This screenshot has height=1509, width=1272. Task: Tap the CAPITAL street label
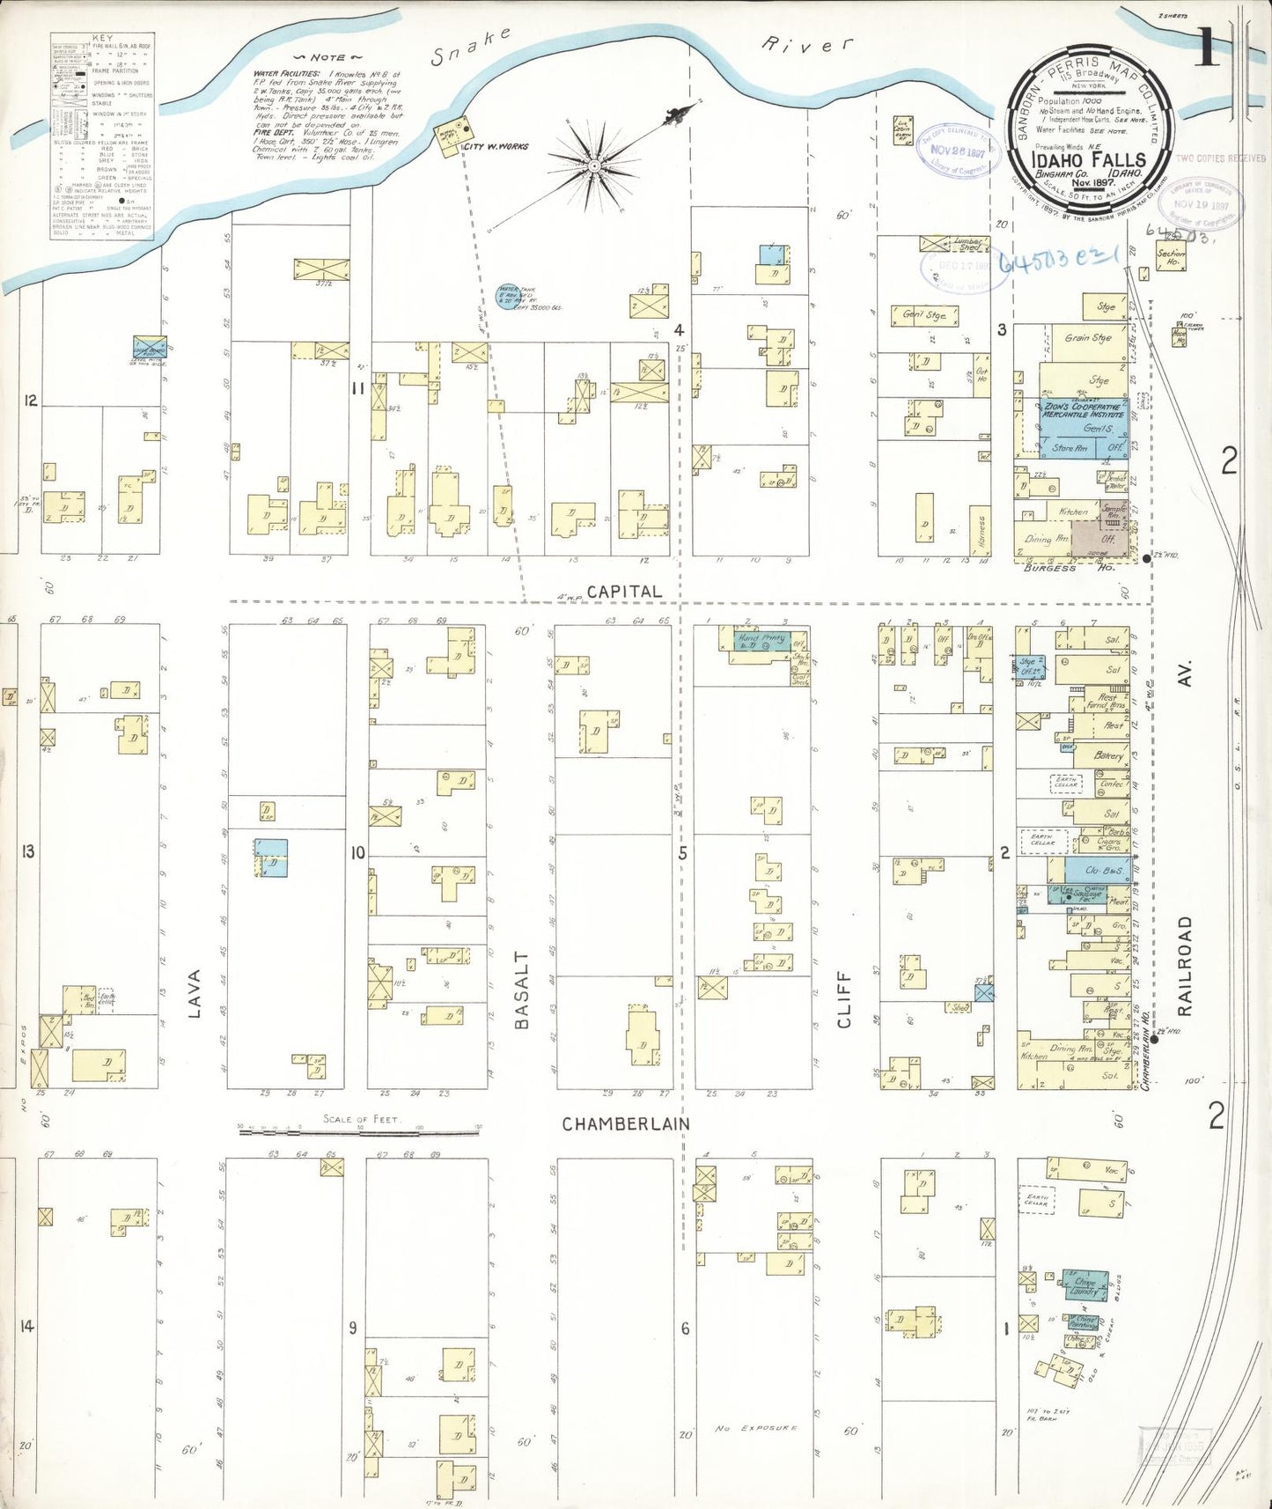pyautogui.click(x=624, y=592)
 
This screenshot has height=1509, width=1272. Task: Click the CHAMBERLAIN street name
pyautogui.click(x=625, y=1124)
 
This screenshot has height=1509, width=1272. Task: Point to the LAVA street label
pyautogui.click(x=195, y=993)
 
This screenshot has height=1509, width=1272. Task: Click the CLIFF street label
pyautogui.click(x=844, y=999)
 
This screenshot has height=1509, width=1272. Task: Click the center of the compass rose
pyautogui.click(x=594, y=165)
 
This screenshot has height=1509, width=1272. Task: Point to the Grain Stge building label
pyautogui.click(x=1088, y=338)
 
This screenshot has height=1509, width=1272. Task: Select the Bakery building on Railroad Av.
pyautogui.click(x=1108, y=755)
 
